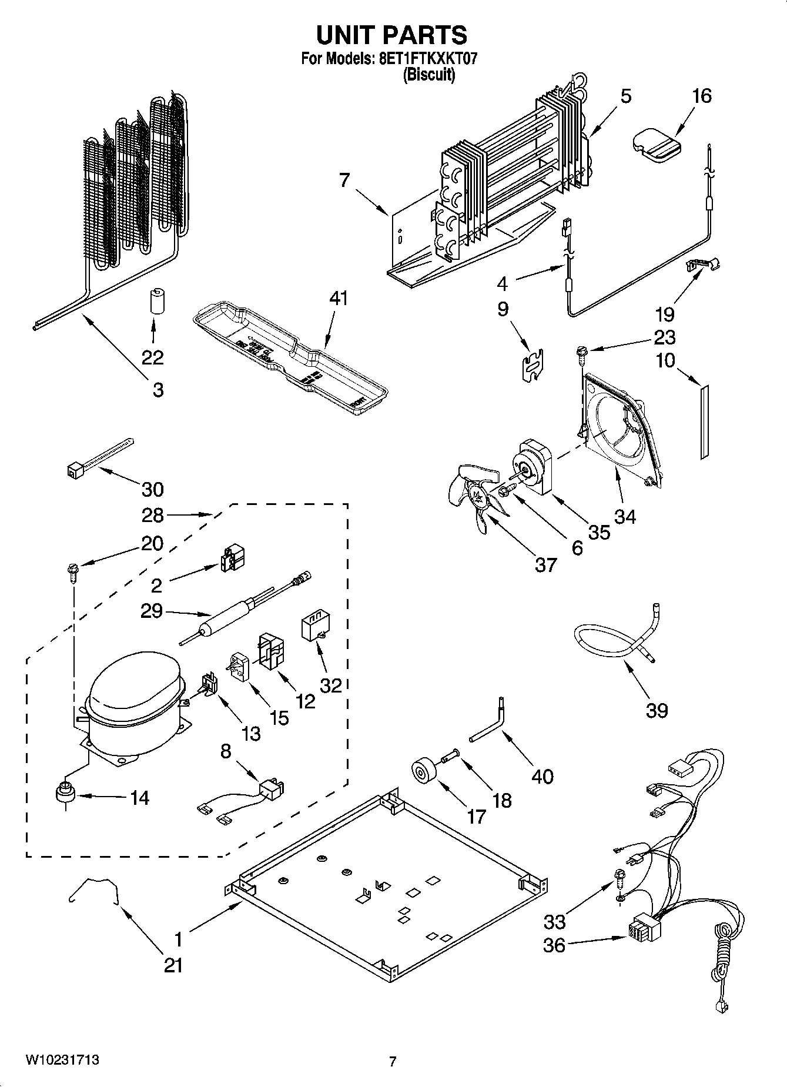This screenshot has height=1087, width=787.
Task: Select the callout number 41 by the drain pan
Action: (339, 299)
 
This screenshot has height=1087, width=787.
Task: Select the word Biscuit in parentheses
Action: (428, 75)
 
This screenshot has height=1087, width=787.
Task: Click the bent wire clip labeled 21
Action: (95, 887)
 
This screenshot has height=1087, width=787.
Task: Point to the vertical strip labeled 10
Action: (704, 421)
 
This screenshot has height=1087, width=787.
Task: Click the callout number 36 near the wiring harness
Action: (554, 945)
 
